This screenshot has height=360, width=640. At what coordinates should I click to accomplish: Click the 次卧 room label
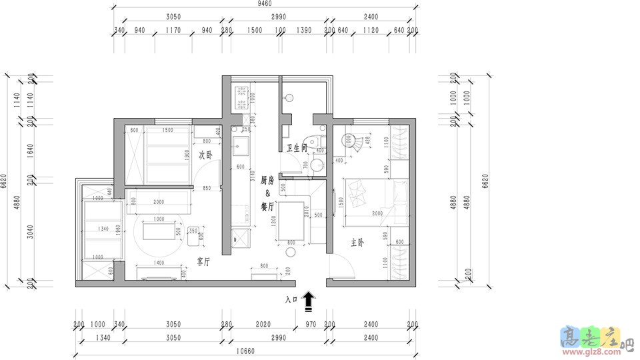pyautogui.click(x=205, y=155)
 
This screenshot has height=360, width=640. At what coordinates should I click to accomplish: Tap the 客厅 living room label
pyautogui.click(x=203, y=261)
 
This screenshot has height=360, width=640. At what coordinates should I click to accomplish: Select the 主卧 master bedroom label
pyautogui.click(x=357, y=244)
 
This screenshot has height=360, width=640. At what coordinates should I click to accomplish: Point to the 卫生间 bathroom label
pyautogui.click(x=296, y=148)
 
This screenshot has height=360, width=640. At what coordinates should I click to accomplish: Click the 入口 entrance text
pyautogui.click(x=291, y=301)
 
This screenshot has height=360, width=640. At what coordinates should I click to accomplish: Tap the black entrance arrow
pyautogui.click(x=309, y=301)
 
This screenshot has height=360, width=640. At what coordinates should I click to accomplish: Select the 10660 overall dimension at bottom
pyautogui.click(x=247, y=353)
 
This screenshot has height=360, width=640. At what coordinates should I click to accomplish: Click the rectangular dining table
pyautogui.click(x=291, y=221)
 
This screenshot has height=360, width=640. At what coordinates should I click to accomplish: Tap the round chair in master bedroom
pyautogui.click(x=349, y=141)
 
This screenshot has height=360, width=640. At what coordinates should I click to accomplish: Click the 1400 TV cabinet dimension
pyautogui.click(x=159, y=263)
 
